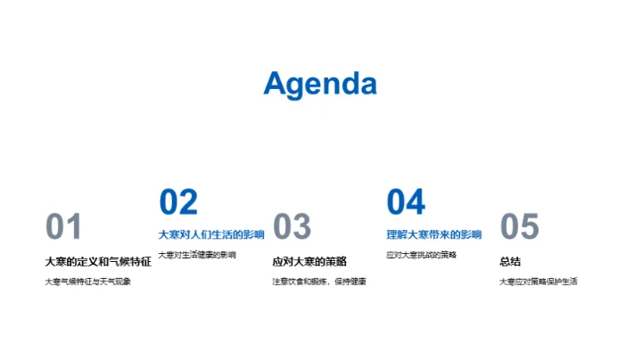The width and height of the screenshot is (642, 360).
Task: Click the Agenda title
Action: tap(320, 84)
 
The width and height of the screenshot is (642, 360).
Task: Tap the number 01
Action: tap(63, 227)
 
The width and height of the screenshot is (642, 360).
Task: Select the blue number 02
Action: tap(178, 202)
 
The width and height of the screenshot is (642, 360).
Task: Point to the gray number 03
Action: tap(292, 227)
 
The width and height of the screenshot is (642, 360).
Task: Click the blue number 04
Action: tap(406, 202)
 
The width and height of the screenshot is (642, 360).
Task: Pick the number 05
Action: tap(520, 227)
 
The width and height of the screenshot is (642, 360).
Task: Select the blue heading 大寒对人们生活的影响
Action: tap(211, 235)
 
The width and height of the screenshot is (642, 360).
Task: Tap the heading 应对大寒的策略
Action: tap(309, 261)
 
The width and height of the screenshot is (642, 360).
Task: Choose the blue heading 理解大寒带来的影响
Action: tap(434, 235)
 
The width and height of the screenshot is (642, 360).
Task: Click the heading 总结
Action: tap(510, 261)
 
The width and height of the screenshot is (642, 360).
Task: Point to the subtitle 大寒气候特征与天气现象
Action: tap(88, 282)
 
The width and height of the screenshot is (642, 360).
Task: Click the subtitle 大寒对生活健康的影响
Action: tap(197, 255)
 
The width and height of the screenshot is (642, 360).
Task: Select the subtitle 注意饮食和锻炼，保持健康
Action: tap(319, 282)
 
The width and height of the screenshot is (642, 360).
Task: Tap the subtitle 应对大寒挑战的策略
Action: tap(422, 255)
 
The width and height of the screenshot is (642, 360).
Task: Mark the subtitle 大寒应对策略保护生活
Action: tap(538, 282)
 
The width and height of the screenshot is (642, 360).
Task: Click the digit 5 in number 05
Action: tap(531, 227)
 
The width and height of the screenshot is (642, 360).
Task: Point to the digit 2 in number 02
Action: tap(188, 202)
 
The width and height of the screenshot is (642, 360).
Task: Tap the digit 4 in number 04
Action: tap(416, 202)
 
